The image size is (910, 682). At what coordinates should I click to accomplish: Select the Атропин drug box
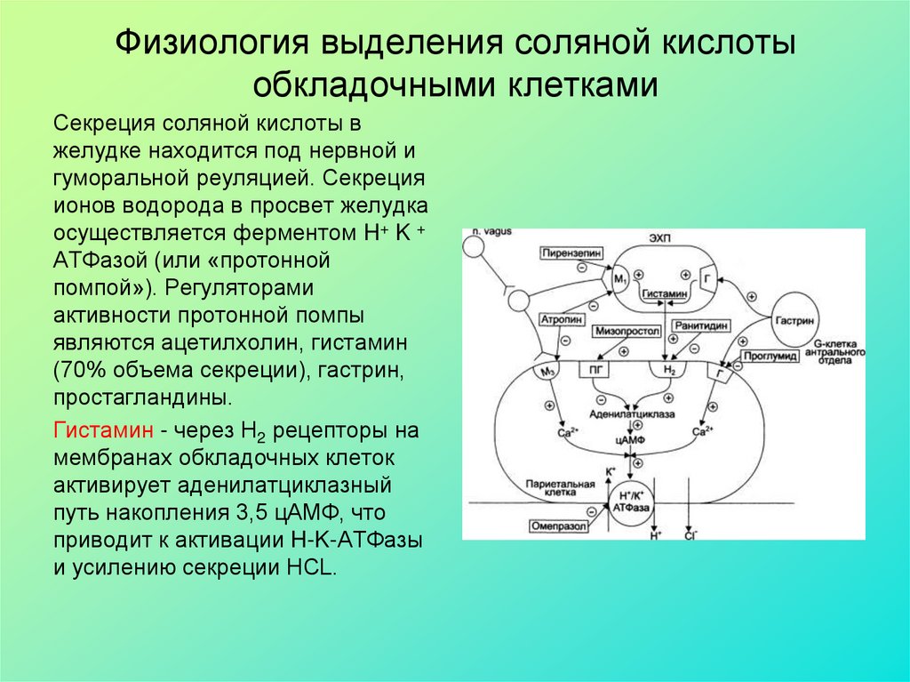[560, 317]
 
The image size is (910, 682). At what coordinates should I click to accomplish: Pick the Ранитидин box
[700, 325]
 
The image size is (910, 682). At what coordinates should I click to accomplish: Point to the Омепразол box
[555, 526]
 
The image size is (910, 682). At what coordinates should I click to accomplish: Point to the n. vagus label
[491, 233]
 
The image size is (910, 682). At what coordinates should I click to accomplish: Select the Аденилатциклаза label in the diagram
[632, 414]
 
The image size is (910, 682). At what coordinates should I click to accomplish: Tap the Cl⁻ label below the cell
[690, 537]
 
